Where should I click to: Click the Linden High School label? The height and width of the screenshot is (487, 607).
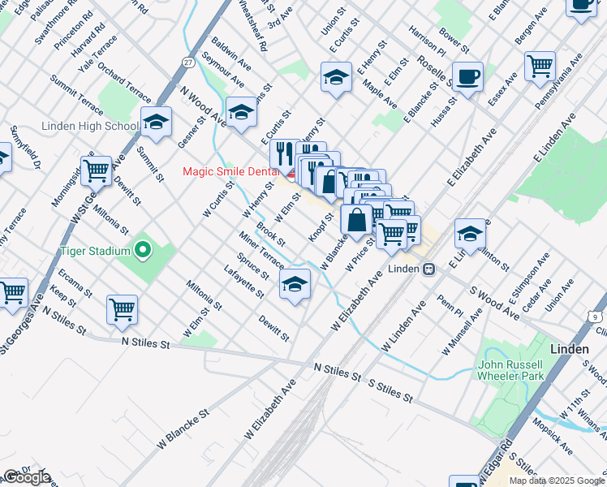90,126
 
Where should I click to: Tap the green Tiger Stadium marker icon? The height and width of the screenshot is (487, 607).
144,249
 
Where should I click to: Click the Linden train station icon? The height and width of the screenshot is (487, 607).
428,269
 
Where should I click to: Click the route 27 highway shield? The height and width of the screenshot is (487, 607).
187,62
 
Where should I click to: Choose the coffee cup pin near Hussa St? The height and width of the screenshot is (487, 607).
467,78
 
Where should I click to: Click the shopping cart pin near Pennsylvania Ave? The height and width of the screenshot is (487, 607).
540,66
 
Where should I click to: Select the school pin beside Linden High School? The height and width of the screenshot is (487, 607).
156,123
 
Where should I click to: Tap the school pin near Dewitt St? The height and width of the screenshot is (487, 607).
295,283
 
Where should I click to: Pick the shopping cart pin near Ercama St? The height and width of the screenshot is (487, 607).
122,308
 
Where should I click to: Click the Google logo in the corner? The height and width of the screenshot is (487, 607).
27,477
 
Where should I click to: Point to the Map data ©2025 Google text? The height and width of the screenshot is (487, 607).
557,481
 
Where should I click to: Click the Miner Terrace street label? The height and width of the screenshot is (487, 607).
261,249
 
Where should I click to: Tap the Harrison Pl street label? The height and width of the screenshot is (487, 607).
428,39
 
